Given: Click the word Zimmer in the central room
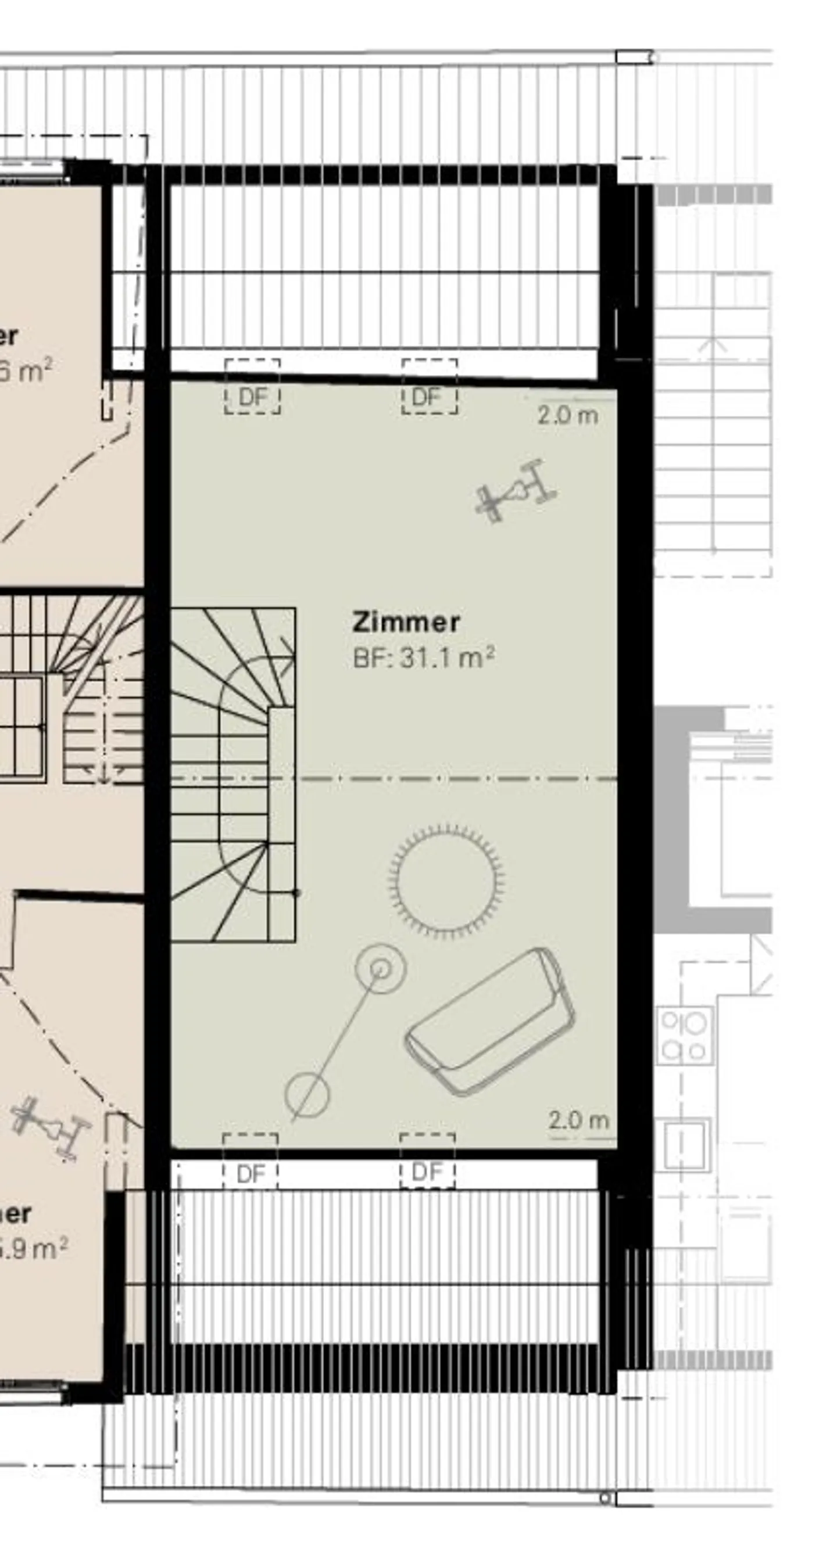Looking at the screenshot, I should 406,621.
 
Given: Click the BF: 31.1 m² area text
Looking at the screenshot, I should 423,658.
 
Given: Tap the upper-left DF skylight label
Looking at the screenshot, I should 253,397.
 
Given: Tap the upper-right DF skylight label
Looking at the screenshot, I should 428,397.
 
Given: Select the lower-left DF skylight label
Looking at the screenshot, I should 250,1174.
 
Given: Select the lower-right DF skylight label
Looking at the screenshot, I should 427,1172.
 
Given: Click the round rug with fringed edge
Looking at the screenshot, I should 446,881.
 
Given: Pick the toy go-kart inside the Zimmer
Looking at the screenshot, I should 516,490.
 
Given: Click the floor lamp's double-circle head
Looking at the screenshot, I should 381,969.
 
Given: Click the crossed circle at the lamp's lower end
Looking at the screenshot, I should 307,1094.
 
